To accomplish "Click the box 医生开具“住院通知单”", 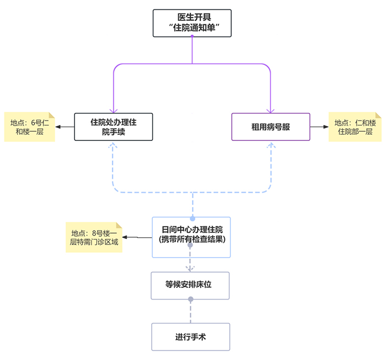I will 192,23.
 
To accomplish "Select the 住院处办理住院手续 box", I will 113,127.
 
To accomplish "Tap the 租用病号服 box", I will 271,127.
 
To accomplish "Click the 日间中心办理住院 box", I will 191,237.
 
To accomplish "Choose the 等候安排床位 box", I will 190,285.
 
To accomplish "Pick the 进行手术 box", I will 190,337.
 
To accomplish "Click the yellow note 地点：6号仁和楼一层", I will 30,127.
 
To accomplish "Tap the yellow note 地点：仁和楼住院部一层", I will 355,127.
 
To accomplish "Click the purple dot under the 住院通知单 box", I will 192,37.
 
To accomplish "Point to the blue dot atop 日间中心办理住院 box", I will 193,219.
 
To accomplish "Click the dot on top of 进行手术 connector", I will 191,299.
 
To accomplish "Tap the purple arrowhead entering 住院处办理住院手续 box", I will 113,110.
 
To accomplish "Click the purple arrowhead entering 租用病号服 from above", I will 271,110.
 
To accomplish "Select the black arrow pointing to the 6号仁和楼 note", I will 65,127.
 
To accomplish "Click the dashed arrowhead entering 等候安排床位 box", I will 190,268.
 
